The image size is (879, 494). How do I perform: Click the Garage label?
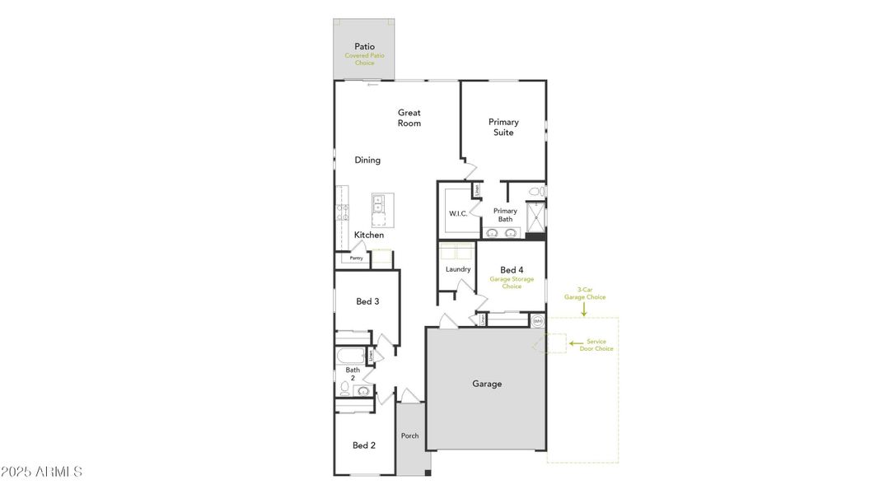[x=486, y=384]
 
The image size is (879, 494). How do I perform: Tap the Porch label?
[x=409, y=436]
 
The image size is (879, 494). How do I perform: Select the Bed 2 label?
[x=364, y=445]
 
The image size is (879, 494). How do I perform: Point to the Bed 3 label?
[x=367, y=301]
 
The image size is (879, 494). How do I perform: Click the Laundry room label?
[x=458, y=269]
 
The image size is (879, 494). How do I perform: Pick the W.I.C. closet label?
[x=458, y=214]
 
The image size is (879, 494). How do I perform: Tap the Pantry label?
[x=356, y=258]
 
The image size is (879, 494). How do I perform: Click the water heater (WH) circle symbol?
[x=537, y=320]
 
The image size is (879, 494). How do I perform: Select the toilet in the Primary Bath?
[x=535, y=192]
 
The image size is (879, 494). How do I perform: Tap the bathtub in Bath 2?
[x=349, y=357]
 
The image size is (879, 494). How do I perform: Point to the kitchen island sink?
[x=379, y=203]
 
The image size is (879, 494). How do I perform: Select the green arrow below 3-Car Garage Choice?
[x=584, y=310]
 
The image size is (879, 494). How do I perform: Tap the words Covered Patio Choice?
[x=364, y=59]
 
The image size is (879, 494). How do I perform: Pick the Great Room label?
[x=409, y=118]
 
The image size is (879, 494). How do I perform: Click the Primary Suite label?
[x=503, y=127]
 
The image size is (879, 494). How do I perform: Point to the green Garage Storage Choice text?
[x=512, y=282]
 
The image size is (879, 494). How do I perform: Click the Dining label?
[x=367, y=161]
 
